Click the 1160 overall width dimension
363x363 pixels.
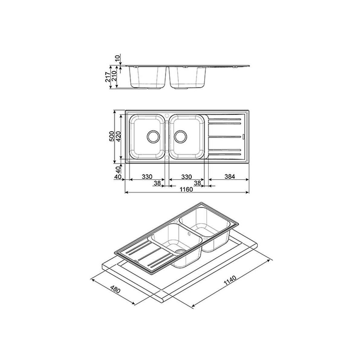(186, 189)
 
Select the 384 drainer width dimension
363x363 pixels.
(230, 176)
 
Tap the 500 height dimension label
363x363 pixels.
(112, 136)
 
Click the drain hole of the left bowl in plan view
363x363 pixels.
(153, 136)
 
